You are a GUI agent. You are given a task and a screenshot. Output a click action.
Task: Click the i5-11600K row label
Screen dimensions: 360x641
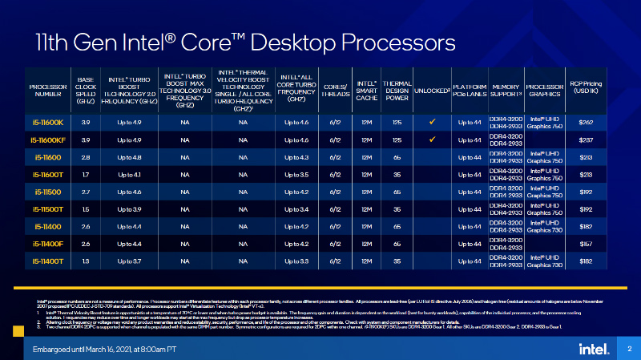click(x=48, y=122)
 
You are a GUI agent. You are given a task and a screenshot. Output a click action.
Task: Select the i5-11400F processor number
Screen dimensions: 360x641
click(x=48, y=243)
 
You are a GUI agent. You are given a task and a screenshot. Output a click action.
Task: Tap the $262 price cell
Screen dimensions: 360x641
click(x=585, y=122)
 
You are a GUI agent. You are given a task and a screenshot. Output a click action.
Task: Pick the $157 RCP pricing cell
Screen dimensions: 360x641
click(x=585, y=243)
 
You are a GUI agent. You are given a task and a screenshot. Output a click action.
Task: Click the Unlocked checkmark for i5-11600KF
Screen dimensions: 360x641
click(x=432, y=139)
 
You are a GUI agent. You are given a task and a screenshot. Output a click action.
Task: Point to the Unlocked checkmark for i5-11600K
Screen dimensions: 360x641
click(x=432, y=122)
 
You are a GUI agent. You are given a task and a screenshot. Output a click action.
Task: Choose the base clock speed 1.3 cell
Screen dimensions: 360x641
click(x=86, y=261)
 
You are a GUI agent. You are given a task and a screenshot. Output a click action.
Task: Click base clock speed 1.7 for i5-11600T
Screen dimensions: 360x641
click(x=86, y=174)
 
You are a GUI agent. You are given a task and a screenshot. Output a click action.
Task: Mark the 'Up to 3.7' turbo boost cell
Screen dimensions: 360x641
click(x=131, y=261)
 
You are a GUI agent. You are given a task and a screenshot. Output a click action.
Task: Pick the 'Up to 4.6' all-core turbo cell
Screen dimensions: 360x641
click(x=296, y=122)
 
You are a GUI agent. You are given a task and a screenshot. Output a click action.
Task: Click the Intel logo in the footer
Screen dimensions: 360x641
click(x=587, y=348)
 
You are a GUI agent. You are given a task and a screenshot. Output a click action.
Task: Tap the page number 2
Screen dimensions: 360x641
click(x=630, y=348)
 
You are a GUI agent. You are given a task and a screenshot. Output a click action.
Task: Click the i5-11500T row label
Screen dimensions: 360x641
click(x=48, y=208)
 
